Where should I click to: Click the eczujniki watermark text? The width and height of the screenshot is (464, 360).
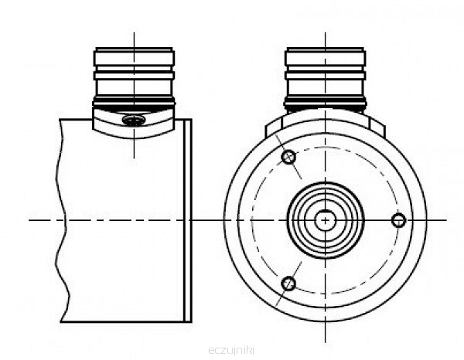[231, 350]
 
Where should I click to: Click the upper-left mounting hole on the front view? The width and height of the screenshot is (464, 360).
[288, 157]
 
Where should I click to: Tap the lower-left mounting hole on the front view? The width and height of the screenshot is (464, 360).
[288, 284]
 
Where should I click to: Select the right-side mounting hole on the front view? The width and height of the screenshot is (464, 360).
[398, 220]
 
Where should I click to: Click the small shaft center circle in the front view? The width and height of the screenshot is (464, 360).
[326, 220]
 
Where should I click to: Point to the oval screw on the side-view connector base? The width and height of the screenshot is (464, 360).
[134, 121]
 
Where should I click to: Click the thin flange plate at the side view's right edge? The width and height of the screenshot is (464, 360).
[188, 220]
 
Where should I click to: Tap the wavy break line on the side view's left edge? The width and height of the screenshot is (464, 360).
[63, 220]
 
